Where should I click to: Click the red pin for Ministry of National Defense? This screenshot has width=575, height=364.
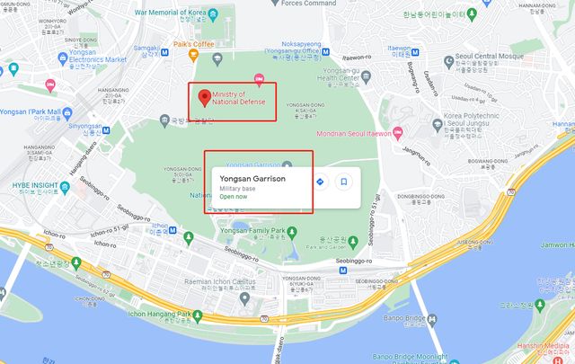pos(204,97)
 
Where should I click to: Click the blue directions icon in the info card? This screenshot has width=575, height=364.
pos(320,182)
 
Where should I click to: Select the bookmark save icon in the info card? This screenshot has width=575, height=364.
pos(343,182)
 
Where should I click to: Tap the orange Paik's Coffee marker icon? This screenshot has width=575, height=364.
pos(193,55)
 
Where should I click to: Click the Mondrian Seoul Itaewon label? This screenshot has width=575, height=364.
pos(354,134)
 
